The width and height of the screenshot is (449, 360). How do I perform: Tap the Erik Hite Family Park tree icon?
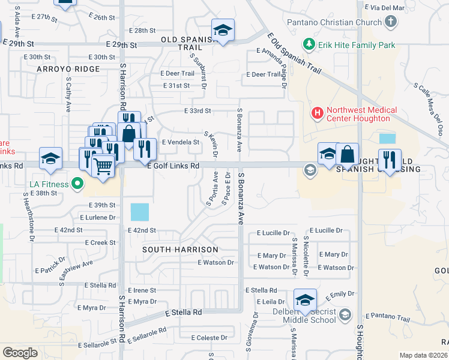tap(309, 44)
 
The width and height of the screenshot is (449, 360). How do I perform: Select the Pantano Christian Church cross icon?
tap(391, 23)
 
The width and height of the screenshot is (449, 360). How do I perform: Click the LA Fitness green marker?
tap(77, 183)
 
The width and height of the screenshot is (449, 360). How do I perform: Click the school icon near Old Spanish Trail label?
tap(223, 31)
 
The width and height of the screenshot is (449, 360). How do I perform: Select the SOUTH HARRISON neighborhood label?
tap(181, 249)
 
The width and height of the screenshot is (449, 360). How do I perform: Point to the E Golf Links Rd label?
tap(173, 166)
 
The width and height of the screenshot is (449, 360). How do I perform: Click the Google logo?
tap(20, 353)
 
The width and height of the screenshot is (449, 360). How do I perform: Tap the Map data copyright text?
tap(423, 355)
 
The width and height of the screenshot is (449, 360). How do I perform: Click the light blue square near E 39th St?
tap(139, 212)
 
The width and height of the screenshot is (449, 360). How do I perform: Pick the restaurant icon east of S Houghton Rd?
tap(390, 160)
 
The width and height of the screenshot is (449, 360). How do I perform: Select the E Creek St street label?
tap(100, 242)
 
